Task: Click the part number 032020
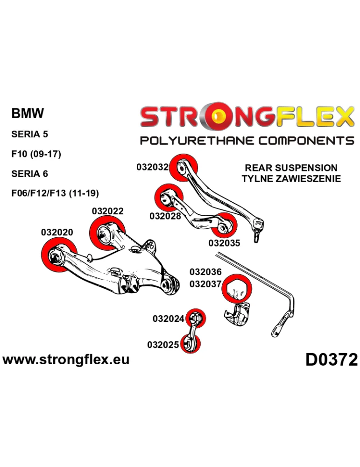point(57,232)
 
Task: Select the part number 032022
point(108,211)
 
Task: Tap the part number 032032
point(152,167)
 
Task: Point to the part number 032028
point(165,216)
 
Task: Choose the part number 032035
point(224,243)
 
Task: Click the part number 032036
point(205,272)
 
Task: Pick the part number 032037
point(205,283)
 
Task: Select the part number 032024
point(168,319)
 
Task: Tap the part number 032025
point(163,345)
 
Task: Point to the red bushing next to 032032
point(184,168)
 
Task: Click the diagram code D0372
point(331,360)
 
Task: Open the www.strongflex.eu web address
point(66,360)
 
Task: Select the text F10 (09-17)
point(35,154)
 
